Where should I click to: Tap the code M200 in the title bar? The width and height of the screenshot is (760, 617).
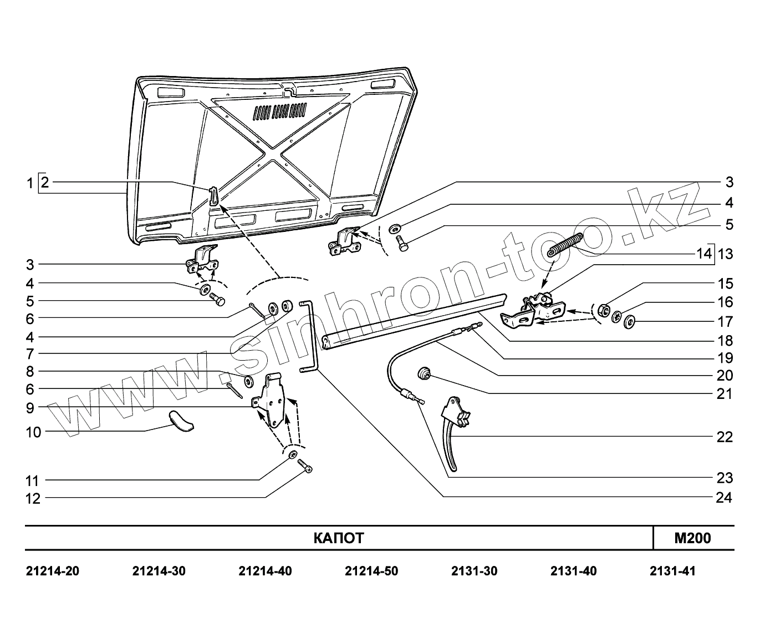click(x=692, y=538)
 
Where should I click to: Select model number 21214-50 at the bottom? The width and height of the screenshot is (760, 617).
click(x=371, y=571)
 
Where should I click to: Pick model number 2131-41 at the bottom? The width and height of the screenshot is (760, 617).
click(x=672, y=571)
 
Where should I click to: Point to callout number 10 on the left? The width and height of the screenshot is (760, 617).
click(x=33, y=432)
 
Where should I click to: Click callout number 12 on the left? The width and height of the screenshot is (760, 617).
click(x=33, y=498)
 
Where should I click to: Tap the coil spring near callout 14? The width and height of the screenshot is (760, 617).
click(x=565, y=245)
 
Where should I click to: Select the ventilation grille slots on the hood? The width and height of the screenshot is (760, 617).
click(x=280, y=111)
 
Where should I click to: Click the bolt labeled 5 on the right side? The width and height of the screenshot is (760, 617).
click(x=402, y=243)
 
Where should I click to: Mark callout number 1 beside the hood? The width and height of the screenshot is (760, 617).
click(x=30, y=183)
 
